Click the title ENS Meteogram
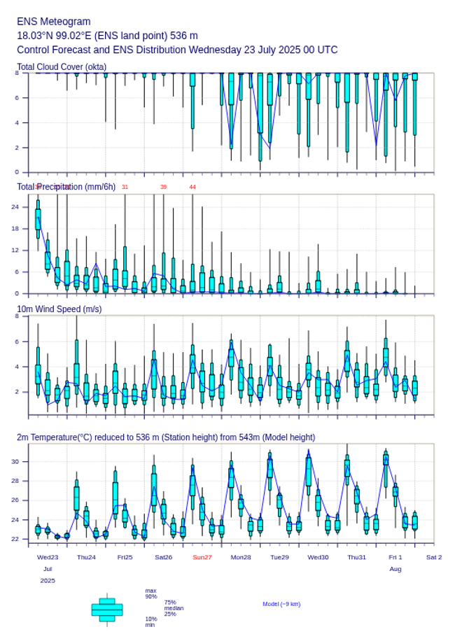click(54, 22)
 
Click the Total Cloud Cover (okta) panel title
click(62, 67)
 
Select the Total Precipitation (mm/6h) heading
click(66, 187)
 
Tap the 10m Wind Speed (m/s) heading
click(59, 309)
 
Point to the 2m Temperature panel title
click(166, 437)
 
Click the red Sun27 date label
click(202, 557)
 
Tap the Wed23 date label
click(48, 557)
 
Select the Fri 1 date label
click(395, 557)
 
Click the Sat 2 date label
click(434, 557)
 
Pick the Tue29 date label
click(279, 557)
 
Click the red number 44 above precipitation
click(192, 187)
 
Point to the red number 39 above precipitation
click(164, 187)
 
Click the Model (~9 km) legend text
click(281, 604)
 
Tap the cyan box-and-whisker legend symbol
click(107, 610)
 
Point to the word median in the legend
click(174, 608)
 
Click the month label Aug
click(395, 570)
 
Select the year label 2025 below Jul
click(48, 581)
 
